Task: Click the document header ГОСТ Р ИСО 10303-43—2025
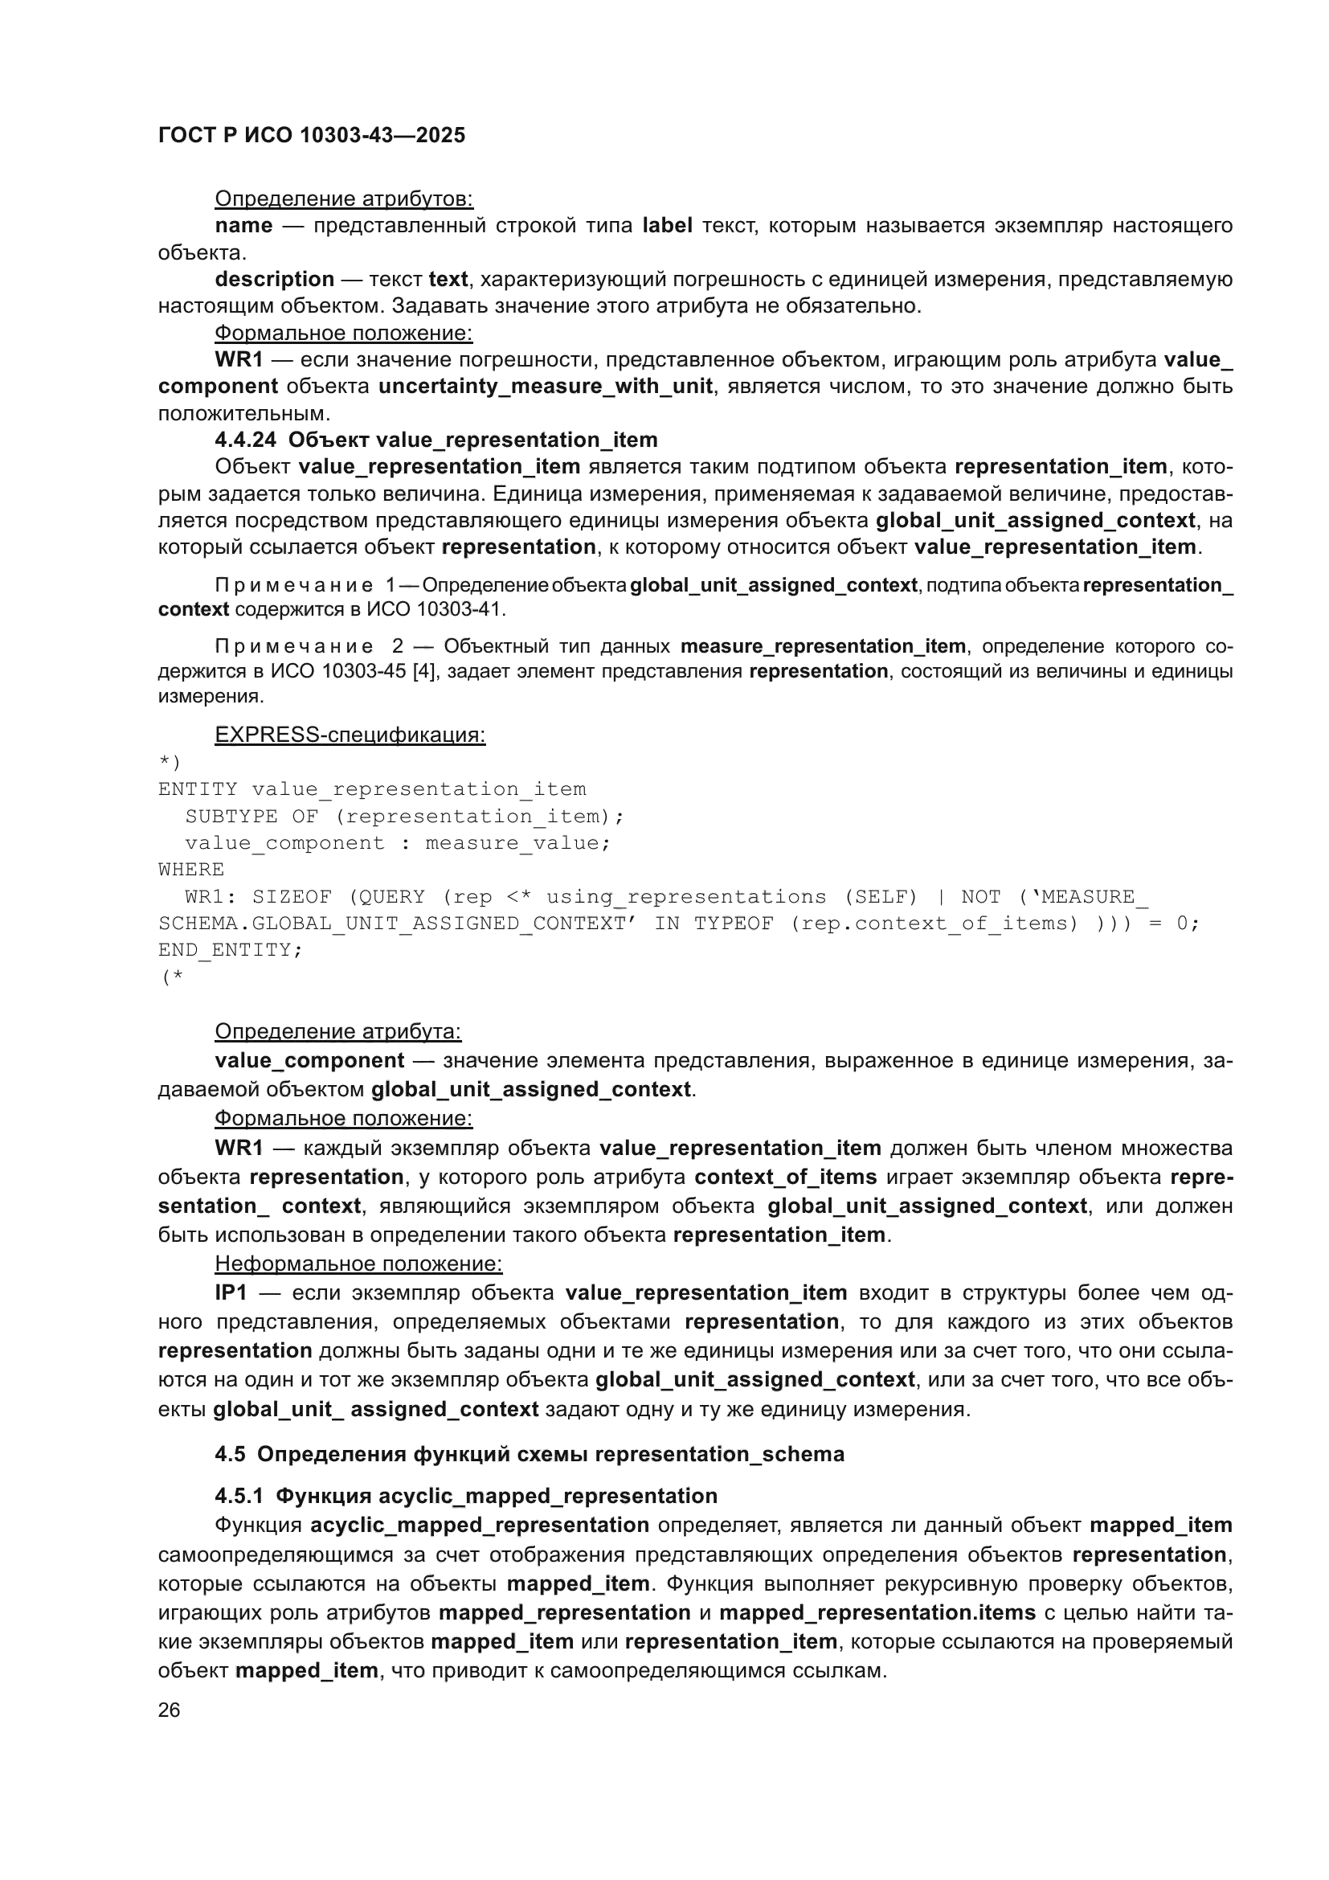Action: point(311,135)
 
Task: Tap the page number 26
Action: point(169,1710)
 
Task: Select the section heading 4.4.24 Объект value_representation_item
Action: point(436,440)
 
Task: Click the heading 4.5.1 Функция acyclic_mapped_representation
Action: point(466,1496)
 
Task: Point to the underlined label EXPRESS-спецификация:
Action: point(350,735)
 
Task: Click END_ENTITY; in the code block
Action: point(230,950)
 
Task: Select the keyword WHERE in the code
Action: point(190,870)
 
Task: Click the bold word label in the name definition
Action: point(667,225)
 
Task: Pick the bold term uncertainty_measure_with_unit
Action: point(545,387)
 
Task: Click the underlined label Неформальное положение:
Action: point(358,1264)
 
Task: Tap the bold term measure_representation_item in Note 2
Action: point(823,647)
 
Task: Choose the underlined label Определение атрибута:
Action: point(337,1032)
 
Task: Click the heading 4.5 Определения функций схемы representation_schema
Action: point(529,1454)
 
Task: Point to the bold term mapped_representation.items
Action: point(877,1613)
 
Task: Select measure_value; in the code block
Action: point(518,842)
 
